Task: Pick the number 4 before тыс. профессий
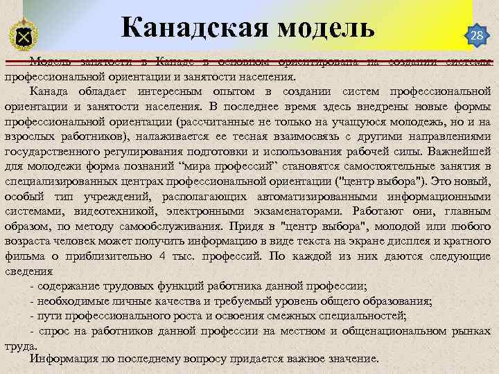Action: pyautogui.click(x=161, y=256)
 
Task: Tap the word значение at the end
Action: pyautogui.click(x=352, y=359)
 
